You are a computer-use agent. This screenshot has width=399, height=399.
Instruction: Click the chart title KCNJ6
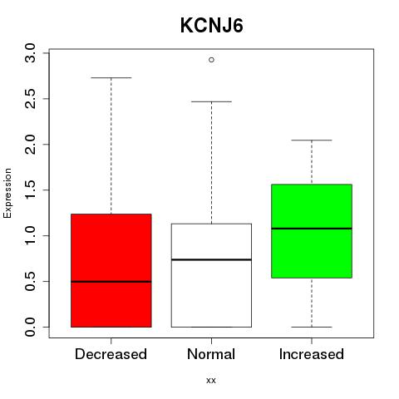coord(212,26)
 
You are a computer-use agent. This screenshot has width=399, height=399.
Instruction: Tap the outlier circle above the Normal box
coord(211,60)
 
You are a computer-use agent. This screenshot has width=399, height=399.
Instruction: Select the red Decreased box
coord(111,270)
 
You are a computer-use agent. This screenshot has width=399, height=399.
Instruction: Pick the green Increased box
coord(312,231)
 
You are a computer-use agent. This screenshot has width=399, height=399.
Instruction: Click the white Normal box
coord(211,275)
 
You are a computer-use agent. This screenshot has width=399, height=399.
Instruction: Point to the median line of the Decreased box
coord(111,282)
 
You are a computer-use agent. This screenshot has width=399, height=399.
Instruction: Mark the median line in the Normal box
coord(211,259)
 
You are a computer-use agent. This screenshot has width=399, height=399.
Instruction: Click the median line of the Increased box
coord(312,229)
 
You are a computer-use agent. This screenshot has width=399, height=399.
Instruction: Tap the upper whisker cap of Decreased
coord(111,78)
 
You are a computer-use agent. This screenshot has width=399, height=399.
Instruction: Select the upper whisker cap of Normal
coord(211,101)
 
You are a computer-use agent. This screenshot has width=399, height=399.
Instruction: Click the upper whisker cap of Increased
coord(312,140)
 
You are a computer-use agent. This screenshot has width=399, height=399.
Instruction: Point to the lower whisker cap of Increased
coord(312,327)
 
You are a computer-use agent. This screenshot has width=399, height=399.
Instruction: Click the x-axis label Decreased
coord(111,354)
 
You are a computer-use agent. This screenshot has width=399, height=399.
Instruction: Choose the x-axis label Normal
coord(211,354)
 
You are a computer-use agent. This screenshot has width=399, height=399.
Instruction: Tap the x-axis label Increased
coord(312,354)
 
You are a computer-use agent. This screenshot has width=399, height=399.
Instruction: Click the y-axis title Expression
coord(7,193)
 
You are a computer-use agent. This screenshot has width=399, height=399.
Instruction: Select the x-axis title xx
coord(211,381)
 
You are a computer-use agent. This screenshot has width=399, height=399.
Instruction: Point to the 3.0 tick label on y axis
coord(30,53)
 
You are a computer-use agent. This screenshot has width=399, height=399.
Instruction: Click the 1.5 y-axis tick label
coord(30,190)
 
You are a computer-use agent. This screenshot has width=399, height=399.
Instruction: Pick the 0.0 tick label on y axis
coord(30,327)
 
